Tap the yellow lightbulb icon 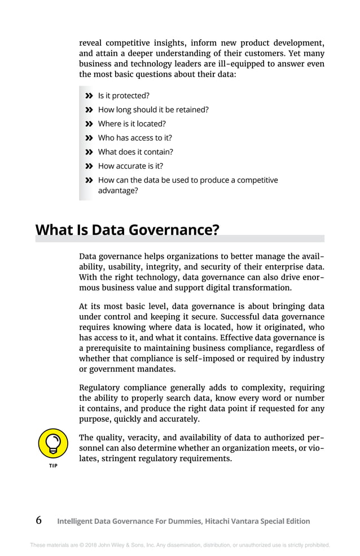point(52,444)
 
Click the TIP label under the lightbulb point(52,466)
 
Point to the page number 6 point(38,520)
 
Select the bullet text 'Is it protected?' point(124,96)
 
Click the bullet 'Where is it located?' point(131,124)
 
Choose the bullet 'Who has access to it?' point(135,138)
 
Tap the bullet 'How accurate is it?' point(130,166)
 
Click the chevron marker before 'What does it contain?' point(89,152)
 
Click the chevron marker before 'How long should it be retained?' point(89,110)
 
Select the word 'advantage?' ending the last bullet point(118,191)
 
